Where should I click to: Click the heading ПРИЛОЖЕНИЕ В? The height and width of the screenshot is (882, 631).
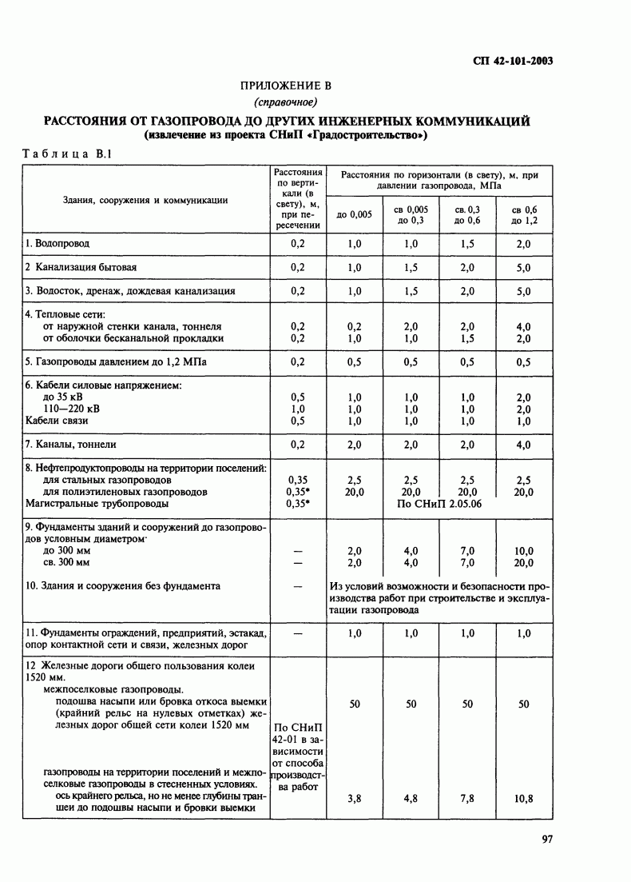[285, 86]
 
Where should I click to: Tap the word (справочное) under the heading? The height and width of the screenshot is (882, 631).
[285, 102]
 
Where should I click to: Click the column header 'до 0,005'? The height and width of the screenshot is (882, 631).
[355, 214]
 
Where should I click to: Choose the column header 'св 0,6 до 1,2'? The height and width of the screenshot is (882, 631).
[524, 214]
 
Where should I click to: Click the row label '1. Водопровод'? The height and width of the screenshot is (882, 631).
[57, 242]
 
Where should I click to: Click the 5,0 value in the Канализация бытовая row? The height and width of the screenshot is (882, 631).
[524, 267]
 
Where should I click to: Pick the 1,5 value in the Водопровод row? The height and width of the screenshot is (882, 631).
[467, 242]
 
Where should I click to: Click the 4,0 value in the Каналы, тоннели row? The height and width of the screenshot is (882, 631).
[524, 444]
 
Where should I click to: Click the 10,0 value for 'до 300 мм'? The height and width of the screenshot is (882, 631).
[524, 551]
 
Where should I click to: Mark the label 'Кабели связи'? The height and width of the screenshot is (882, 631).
[57, 421]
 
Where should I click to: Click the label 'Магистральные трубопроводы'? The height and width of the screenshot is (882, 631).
[97, 505]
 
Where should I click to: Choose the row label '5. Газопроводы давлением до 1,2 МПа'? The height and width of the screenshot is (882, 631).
[115, 361]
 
